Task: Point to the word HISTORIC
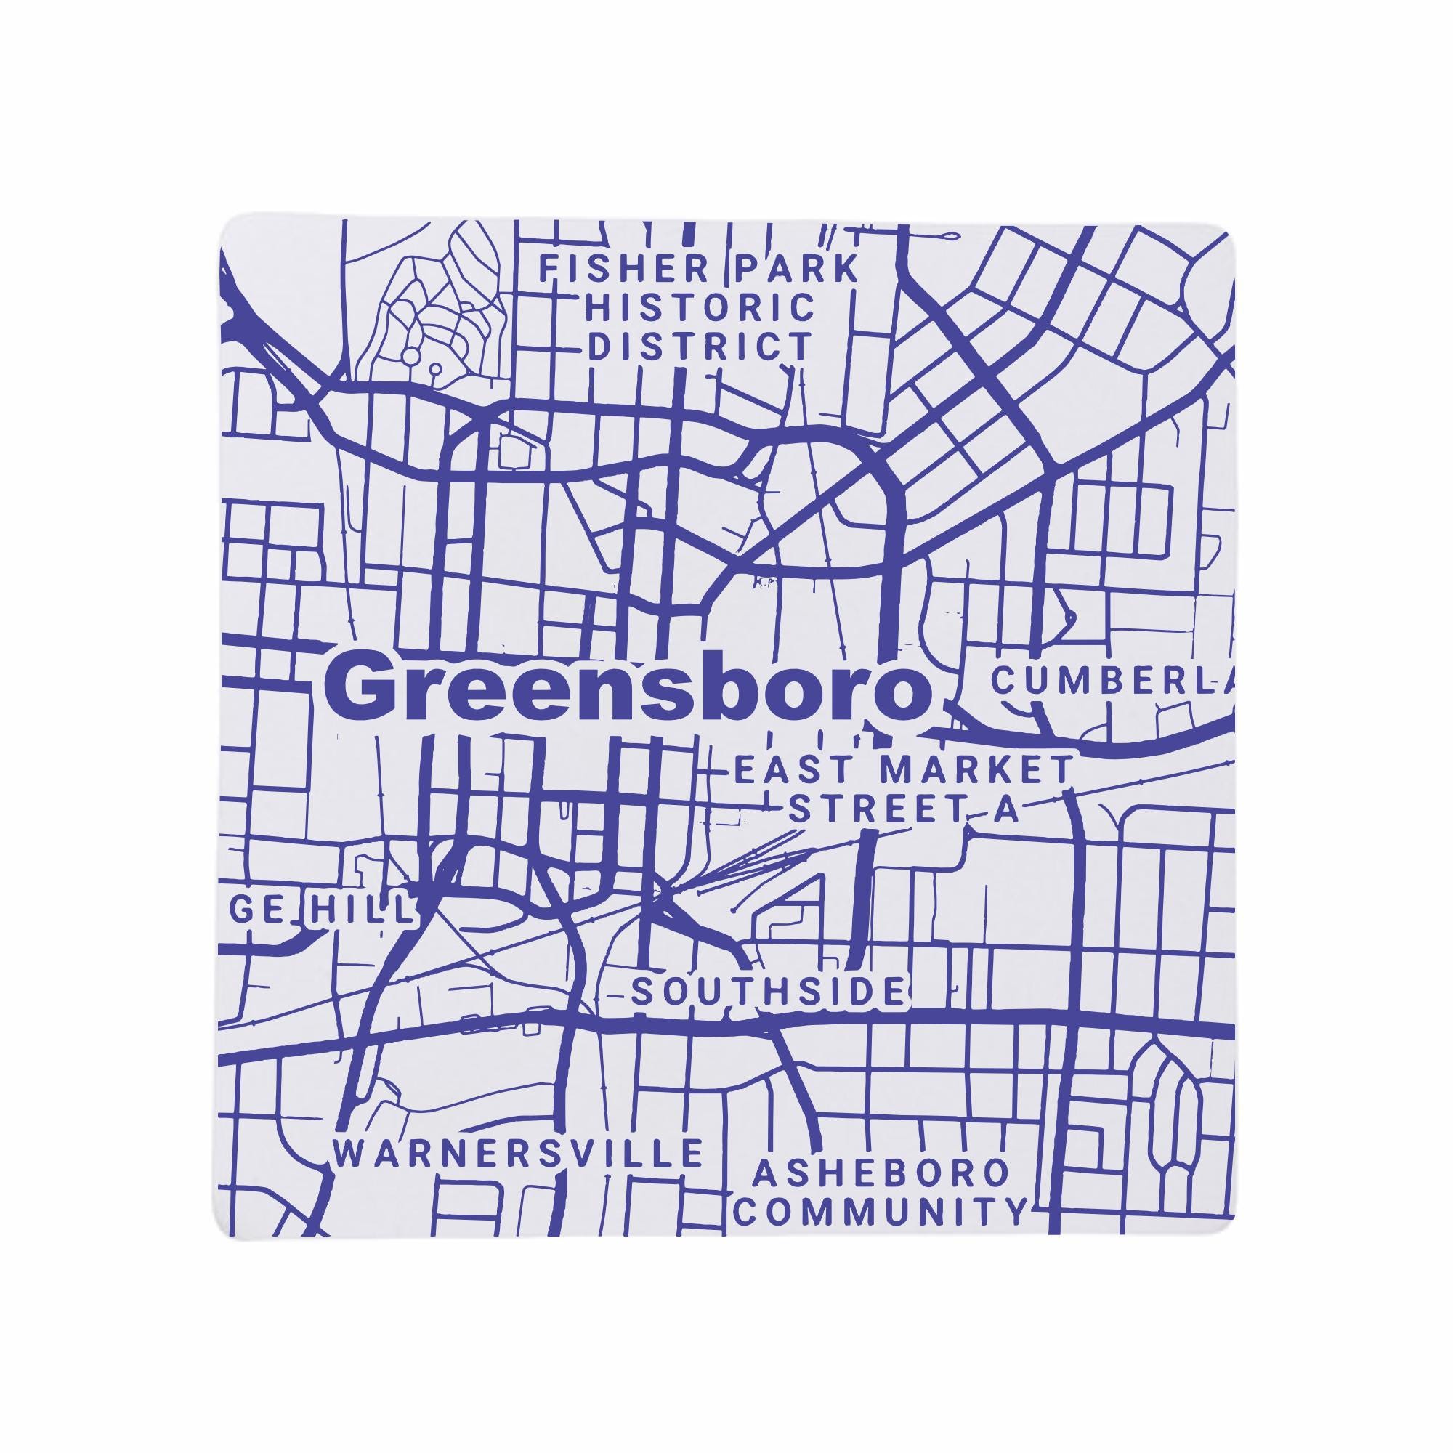click(x=701, y=307)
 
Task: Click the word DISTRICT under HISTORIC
click(x=700, y=347)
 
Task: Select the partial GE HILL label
click(x=322, y=911)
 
